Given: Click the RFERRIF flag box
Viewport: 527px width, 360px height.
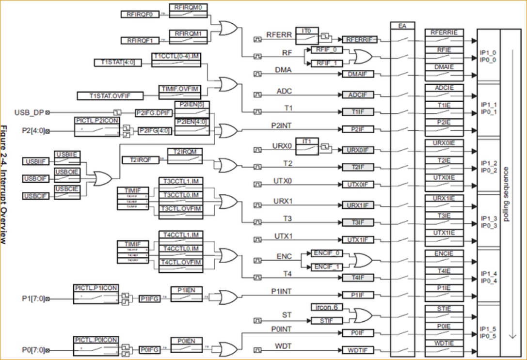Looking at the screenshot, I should point(359,40).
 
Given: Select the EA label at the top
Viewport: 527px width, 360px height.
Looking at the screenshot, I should point(402,25).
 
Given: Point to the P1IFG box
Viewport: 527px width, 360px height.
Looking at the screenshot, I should point(149,299).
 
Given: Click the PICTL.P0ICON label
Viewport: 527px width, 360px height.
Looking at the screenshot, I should point(96,340).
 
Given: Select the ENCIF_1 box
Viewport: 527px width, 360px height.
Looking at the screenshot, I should point(328,266).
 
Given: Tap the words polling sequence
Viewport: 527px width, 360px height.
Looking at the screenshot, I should point(506,194).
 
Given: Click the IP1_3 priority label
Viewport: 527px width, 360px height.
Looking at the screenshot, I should point(488,219).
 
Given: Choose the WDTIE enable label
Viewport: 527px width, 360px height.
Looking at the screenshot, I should point(444,343).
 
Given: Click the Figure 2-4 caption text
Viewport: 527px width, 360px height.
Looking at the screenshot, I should point(5,184).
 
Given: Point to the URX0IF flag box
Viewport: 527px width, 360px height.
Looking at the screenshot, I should point(359,150).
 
